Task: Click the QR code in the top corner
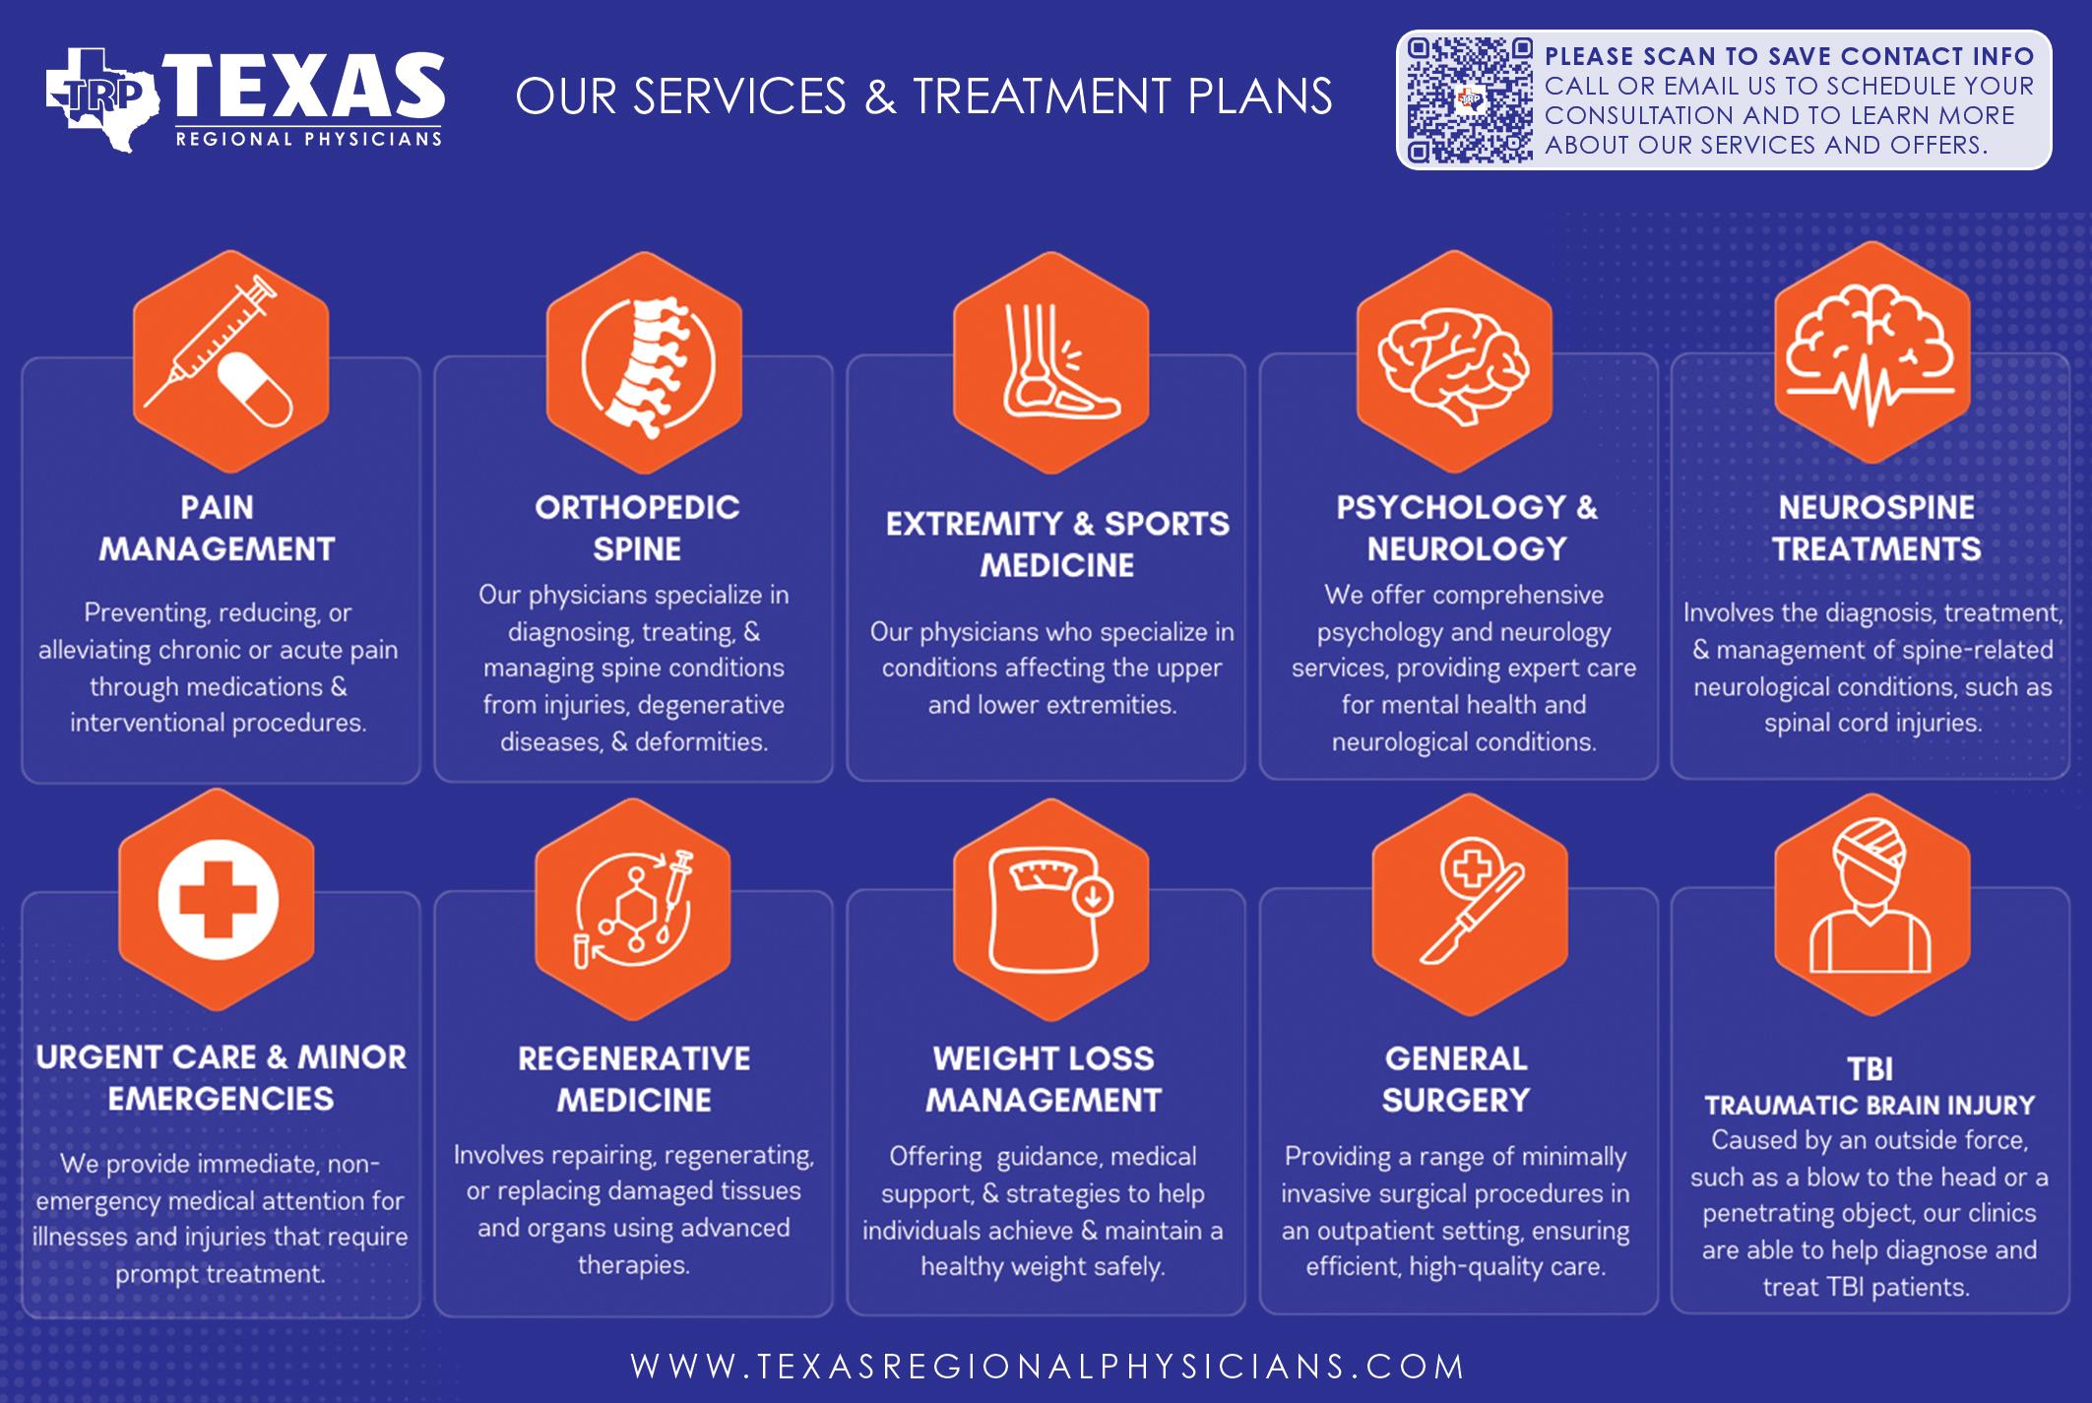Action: tap(1469, 100)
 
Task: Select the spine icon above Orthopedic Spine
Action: tap(645, 364)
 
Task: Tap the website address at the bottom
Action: tap(1047, 1367)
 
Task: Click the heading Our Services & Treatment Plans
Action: tap(923, 96)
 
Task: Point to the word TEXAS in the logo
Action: tap(305, 89)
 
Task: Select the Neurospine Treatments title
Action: tap(1876, 528)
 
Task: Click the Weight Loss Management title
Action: tap(1044, 1079)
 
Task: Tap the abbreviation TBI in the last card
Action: tap(1870, 1069)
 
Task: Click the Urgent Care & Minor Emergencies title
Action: tap(222, 1078)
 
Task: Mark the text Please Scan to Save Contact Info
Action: tap(1789, 57)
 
